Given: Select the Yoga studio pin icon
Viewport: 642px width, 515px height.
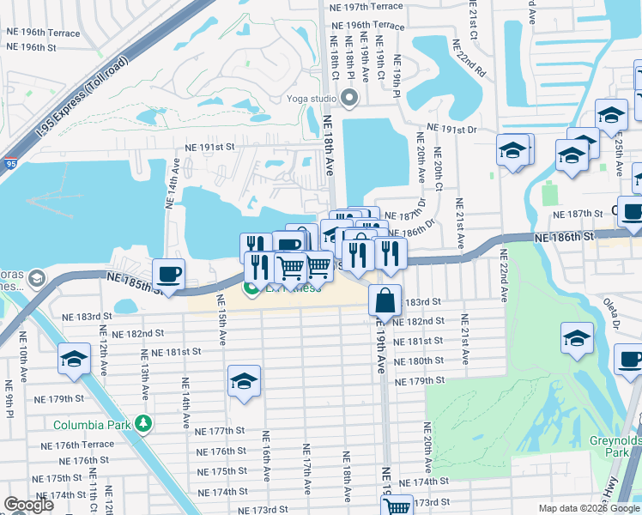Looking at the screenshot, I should click(348, 99).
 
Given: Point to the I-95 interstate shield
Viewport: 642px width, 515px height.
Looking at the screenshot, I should click(9, 161).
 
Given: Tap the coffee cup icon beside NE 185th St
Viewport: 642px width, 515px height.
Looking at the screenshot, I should click(168, 274).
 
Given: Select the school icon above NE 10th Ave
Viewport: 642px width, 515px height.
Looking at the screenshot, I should click(75, 359).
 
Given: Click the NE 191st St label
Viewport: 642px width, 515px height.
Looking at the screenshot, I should click(205, 147).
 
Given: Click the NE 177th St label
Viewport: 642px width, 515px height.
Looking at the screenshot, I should click(220, 431).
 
